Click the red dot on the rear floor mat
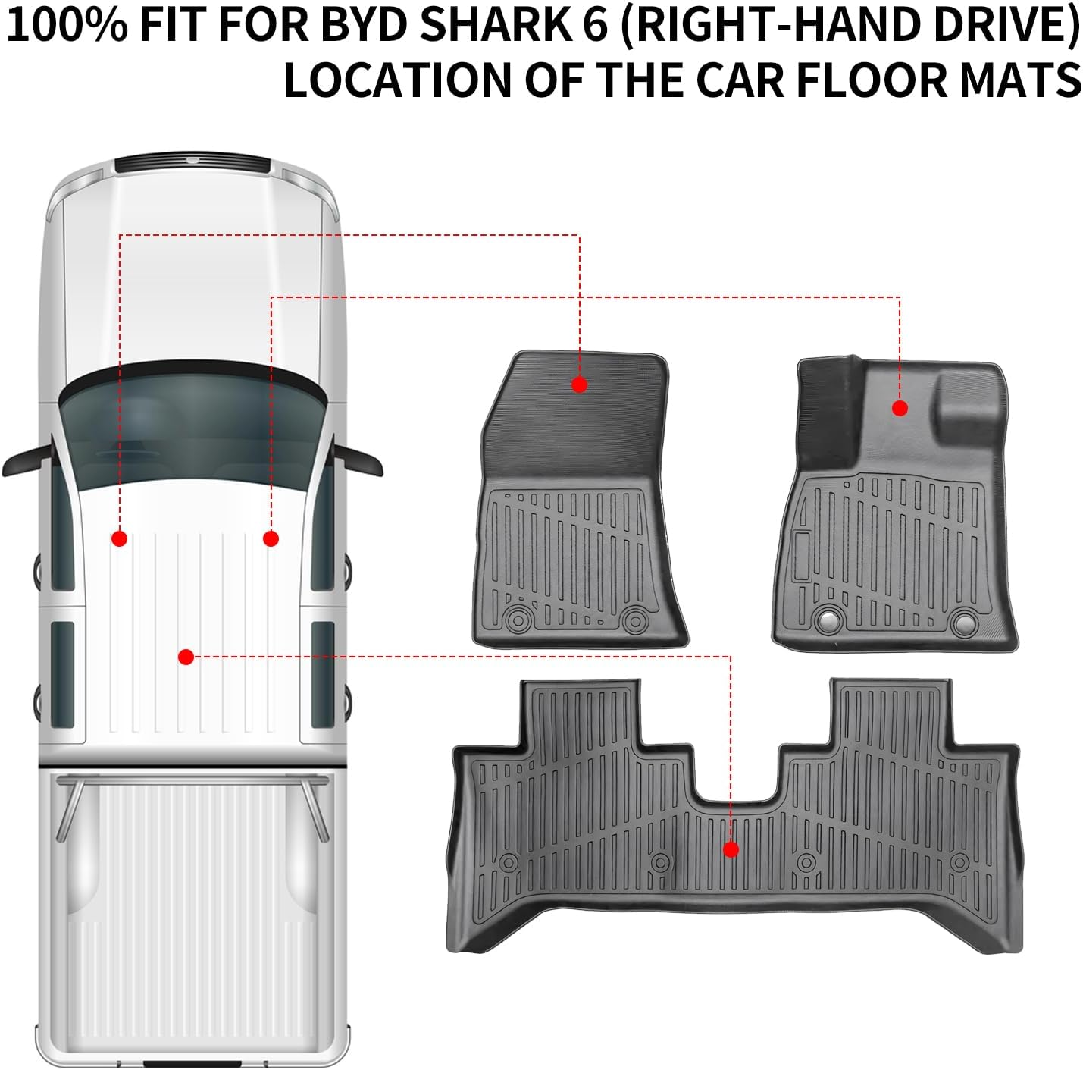coord(731,849)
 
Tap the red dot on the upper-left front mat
coord(579,384)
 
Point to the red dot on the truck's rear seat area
coord(186,657)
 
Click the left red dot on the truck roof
coord(119,538)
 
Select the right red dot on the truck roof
coord(271,538)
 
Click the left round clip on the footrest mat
coord(828,621)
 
